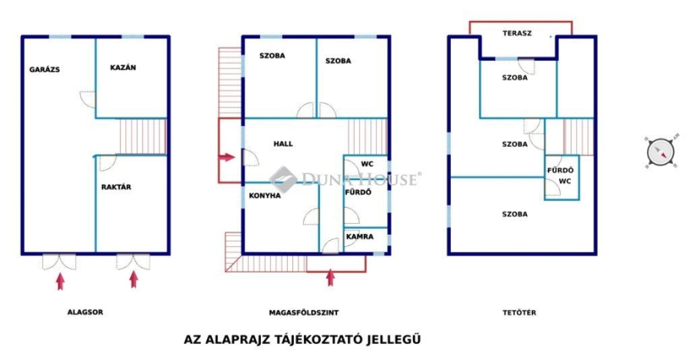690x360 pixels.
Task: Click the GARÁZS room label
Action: coord(44,69)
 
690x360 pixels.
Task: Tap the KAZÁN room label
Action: coord(123,67)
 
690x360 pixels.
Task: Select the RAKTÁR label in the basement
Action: coord(116,187)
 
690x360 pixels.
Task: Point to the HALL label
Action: coord(283,144)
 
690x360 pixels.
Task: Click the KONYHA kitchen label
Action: coord(265,196)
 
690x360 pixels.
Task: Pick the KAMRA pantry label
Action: coord(360,237)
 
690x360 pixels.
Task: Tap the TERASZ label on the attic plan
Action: coord(517,33)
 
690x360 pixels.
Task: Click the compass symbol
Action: coord(660,152)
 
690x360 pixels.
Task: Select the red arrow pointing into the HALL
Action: coord(227,157)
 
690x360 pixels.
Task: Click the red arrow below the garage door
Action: coord(60,281)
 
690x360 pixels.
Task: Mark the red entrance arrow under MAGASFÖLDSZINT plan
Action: coord(330,278)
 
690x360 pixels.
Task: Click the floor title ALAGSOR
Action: coord(85,312)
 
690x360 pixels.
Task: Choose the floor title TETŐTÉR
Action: coord(520,313)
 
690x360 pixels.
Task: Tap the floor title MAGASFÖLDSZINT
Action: coord(304,313)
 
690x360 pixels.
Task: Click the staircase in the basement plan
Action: coord(143,136)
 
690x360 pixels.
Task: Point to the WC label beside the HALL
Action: coord(367,164)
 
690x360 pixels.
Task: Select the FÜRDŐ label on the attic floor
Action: coord(560,171)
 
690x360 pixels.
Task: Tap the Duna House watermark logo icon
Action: coord(282,179)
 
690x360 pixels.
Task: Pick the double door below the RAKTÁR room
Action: coord(133,262)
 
